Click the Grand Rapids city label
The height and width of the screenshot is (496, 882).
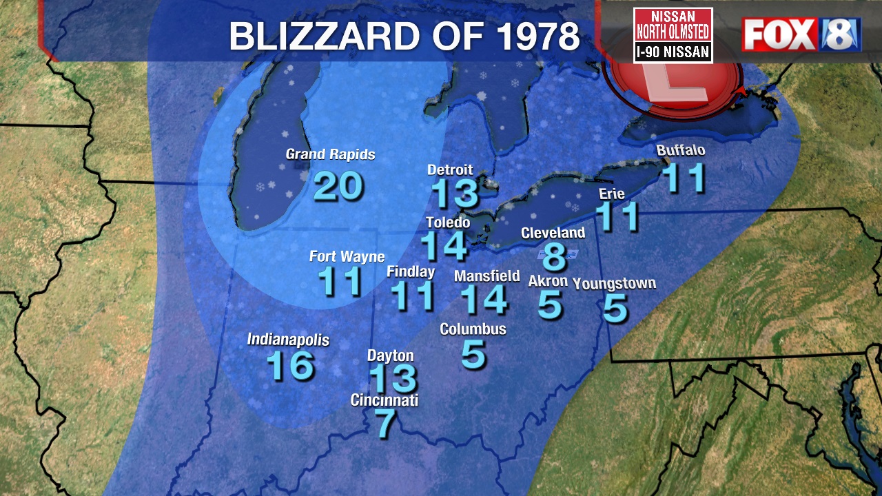pos(330,154)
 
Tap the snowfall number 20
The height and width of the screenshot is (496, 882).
pos(338,186)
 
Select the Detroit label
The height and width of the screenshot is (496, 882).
pos(450,169)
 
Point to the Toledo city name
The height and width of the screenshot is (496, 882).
pos(448,223)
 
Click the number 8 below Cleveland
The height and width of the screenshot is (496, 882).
pos(554,256)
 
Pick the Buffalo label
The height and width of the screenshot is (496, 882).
pos(681,150)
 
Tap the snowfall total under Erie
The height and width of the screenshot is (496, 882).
pos(617,216)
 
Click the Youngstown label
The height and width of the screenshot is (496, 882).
pos(614,283)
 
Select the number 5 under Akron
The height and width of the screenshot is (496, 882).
pos(550,304)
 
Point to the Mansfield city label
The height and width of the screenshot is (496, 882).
pos(487,276)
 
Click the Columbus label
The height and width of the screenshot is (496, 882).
pos(473,329)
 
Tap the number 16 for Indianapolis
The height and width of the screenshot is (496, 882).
pos(290,365)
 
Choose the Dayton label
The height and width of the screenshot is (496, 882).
pos(391,355)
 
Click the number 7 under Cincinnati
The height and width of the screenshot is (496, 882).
pos(385,423)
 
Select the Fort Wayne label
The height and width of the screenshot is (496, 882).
pos(347,257)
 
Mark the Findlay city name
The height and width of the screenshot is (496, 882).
pos(411,271)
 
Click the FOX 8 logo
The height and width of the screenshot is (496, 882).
pos(801,35)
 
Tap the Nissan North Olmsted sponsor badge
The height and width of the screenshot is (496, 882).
pos(673,35)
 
